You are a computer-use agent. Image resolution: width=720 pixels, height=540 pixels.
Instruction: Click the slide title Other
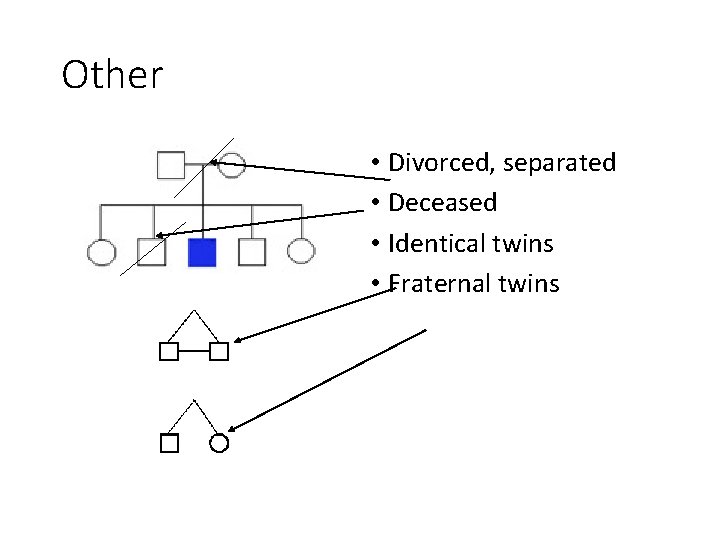click(112, 75)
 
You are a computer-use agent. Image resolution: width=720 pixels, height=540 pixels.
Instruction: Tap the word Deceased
click(442, 203)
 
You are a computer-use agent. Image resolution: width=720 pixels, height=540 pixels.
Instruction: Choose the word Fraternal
click(439, 284)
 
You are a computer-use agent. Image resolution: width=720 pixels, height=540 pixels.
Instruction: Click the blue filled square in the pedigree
click(202, 252)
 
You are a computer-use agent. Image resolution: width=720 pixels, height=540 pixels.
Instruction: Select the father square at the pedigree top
click(171, 163)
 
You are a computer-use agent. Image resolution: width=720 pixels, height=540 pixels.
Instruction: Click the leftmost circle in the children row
click(101, 252)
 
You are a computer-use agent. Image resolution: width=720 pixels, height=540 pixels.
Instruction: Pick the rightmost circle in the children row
click(301, 252)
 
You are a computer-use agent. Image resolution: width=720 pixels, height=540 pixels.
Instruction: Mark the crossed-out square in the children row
click(152, 252)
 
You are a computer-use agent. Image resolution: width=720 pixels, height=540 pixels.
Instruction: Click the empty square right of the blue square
click(252, 252)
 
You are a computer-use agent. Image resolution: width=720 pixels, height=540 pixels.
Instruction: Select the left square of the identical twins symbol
click(169, 351)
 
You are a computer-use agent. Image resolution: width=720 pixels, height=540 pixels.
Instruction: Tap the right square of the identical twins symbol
click(219, 351)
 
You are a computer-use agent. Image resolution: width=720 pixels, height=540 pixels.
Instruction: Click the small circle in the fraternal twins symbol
click(220, 443)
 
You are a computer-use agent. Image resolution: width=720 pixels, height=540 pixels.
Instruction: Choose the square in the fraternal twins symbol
click(169, 443)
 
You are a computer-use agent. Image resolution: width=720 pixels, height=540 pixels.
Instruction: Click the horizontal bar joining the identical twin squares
click(194, 351)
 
